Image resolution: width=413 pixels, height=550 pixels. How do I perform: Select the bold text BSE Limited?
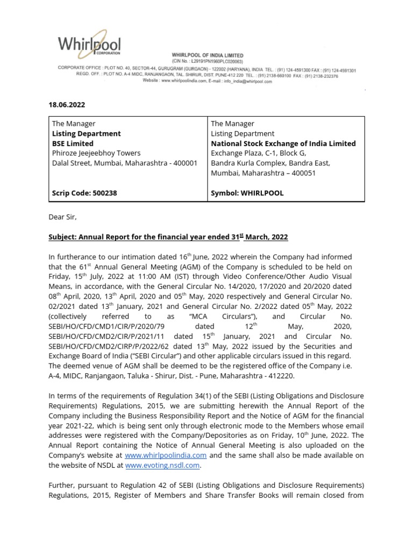pyautogui.click(x=73, y=143)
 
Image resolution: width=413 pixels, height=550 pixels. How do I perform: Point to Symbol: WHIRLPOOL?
pyautogui.click(x=247, y=193)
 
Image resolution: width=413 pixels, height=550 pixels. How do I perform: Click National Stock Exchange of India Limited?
pyautogui.click(x=283, y=143)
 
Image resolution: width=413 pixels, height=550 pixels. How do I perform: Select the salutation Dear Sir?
pyautogui.click(x=65, y=217)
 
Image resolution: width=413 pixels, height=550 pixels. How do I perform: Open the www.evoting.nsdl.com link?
pyautogui.click(x=170, y=465)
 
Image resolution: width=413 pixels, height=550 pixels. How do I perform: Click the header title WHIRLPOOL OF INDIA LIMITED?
pyautogui.click(x=207, y=55)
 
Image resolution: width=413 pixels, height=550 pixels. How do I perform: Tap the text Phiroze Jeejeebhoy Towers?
pyautogui.click(x=96, y=153)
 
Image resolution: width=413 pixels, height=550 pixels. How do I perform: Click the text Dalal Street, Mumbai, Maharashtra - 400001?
pyautogui.click(x=125, y=163)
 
